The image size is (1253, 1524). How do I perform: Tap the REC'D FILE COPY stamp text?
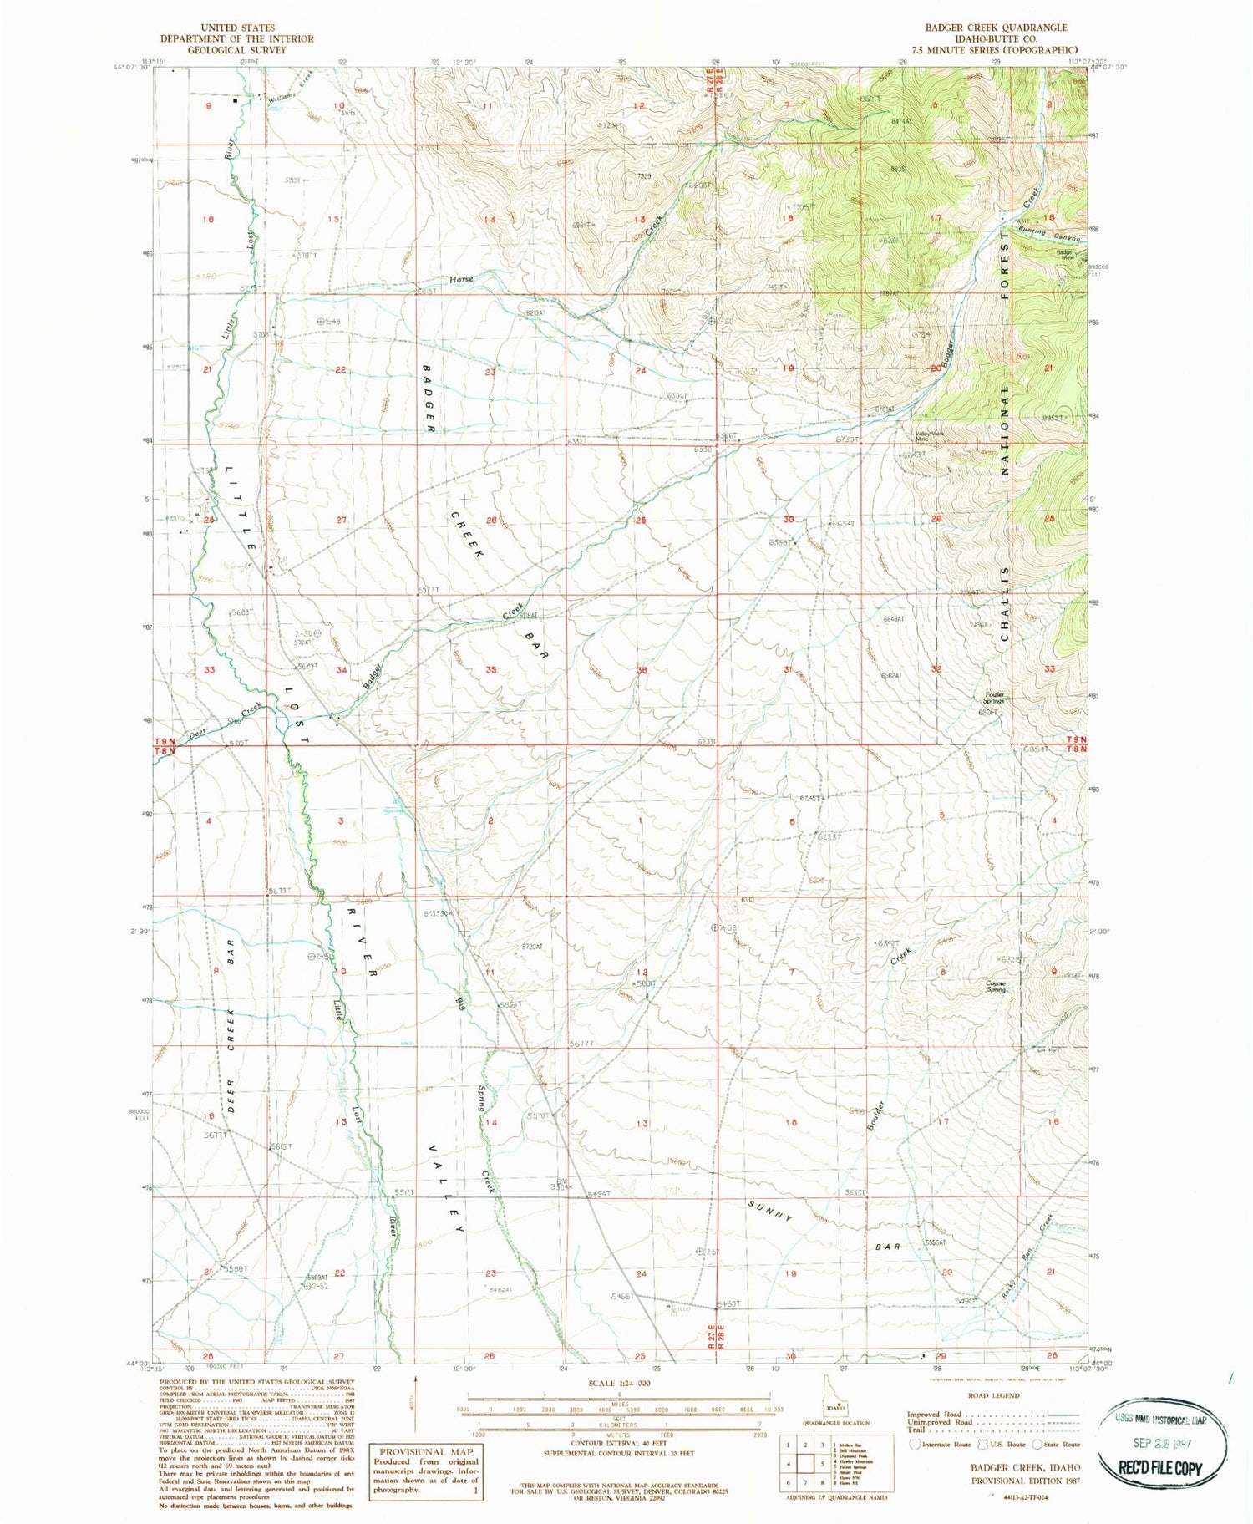[x=1161, y=1467]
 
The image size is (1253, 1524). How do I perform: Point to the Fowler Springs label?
[x=994, y=698]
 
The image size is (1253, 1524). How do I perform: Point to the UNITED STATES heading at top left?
[x=237, y=28]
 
